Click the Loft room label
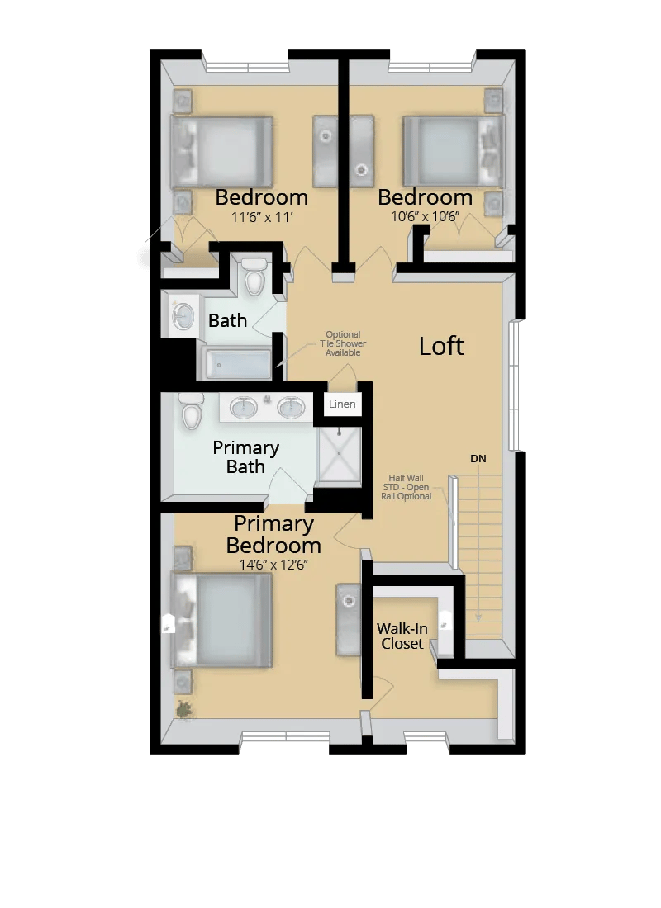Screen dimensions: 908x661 (x=441, y=346)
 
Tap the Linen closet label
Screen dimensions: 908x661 (x=342, y=404)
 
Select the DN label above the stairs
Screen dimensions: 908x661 (x=478, y=457)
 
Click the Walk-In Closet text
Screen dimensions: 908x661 (x=402, y=636)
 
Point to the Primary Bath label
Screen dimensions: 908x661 (x=245, y=457)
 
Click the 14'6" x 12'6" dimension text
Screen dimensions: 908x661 (x=273, y=565)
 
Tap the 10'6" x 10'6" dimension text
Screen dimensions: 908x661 (x=425, y=219)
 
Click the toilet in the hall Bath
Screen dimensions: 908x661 (x=254, y=278)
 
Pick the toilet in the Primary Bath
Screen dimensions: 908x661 (x=191, y=411)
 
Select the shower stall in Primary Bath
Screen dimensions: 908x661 (x=340, y=454)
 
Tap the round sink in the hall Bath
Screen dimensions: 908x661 (x=182, y=315)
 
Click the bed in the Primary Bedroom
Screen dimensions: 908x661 (x=221, y=620)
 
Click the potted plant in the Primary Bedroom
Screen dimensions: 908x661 (x=183, y=708)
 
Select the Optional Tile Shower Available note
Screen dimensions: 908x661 (x=345, y=343)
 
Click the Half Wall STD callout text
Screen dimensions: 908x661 (x=410, y=487)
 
